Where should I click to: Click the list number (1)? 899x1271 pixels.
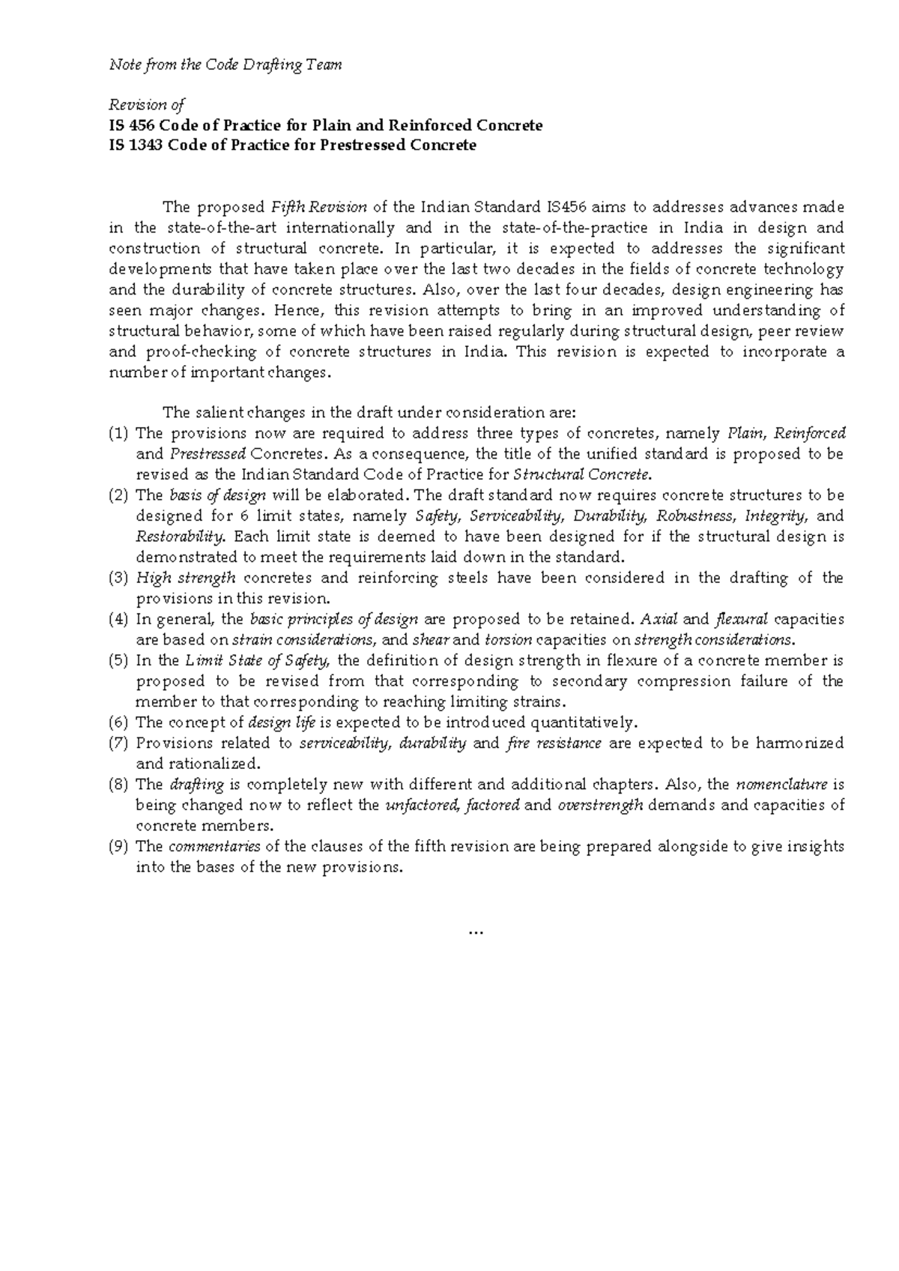tap(119, 433)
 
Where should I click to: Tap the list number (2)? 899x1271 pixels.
tap(119, 495)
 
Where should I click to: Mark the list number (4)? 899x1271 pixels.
tap(119, 619)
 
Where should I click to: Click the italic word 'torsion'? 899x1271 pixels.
tap(508, 640)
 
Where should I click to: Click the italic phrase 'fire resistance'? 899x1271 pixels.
tap(554, 743)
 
